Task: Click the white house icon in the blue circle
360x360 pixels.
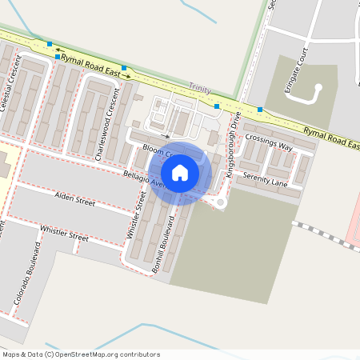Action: pyautogui.click(x=180, y=172)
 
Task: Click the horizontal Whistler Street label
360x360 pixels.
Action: pyautogui.click(x=63, y=235)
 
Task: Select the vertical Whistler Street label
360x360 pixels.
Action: pyautogui.click(x=134, y=214)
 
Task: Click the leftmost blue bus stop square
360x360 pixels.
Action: pyautogui.click(x=50, y=44)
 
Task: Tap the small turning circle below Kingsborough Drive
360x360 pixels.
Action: pyautogui.click(x=222, y=203)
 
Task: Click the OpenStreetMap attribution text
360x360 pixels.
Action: pyautogui.click(x=80, y=354)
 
